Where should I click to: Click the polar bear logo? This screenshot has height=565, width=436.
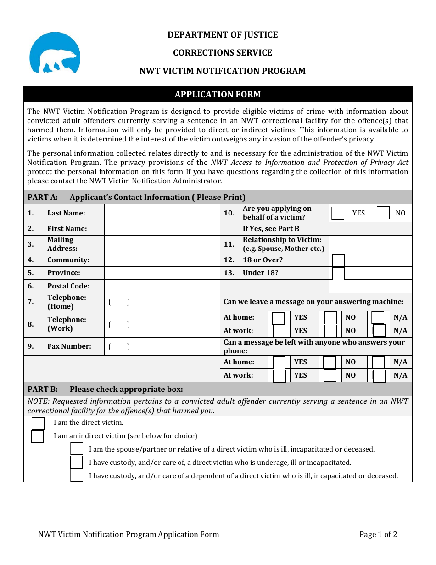(x=55, y=53)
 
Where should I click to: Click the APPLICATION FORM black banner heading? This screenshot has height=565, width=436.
(x=218, y=94)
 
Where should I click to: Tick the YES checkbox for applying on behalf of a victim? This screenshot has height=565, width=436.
(x=338, y=213)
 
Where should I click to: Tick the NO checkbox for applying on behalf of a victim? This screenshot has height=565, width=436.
(x=383, y=213)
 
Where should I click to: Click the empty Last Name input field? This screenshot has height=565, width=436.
(x=162, y=213)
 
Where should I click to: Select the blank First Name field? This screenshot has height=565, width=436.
(x=162, y=229)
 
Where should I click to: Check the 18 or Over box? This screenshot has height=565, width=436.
(x=338, y=260)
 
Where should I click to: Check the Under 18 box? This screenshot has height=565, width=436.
(x=338, y=274)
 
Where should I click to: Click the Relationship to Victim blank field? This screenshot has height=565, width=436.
(x=370, y=244)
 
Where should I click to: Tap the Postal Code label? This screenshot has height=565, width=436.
(x=68, y=286)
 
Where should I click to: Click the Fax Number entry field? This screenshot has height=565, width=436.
(x=162, y=347)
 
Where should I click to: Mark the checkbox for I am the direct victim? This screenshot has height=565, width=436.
(x=38, y=423)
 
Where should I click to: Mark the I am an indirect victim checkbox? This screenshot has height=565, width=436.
(x=38, y=436)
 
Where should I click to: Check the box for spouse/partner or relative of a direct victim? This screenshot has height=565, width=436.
(x=77, y=449)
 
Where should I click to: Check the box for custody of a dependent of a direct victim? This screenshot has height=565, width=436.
(x=77, y=475)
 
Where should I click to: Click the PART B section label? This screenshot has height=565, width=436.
(x=43, y=390)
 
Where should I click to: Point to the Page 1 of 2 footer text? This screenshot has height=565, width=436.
(x=378, y=534)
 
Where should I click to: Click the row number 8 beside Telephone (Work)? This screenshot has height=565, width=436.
(x=31, y=324)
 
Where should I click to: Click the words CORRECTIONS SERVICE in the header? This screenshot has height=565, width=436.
(x=223, y=53)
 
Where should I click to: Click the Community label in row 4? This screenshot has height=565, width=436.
(x=68, y=260)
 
